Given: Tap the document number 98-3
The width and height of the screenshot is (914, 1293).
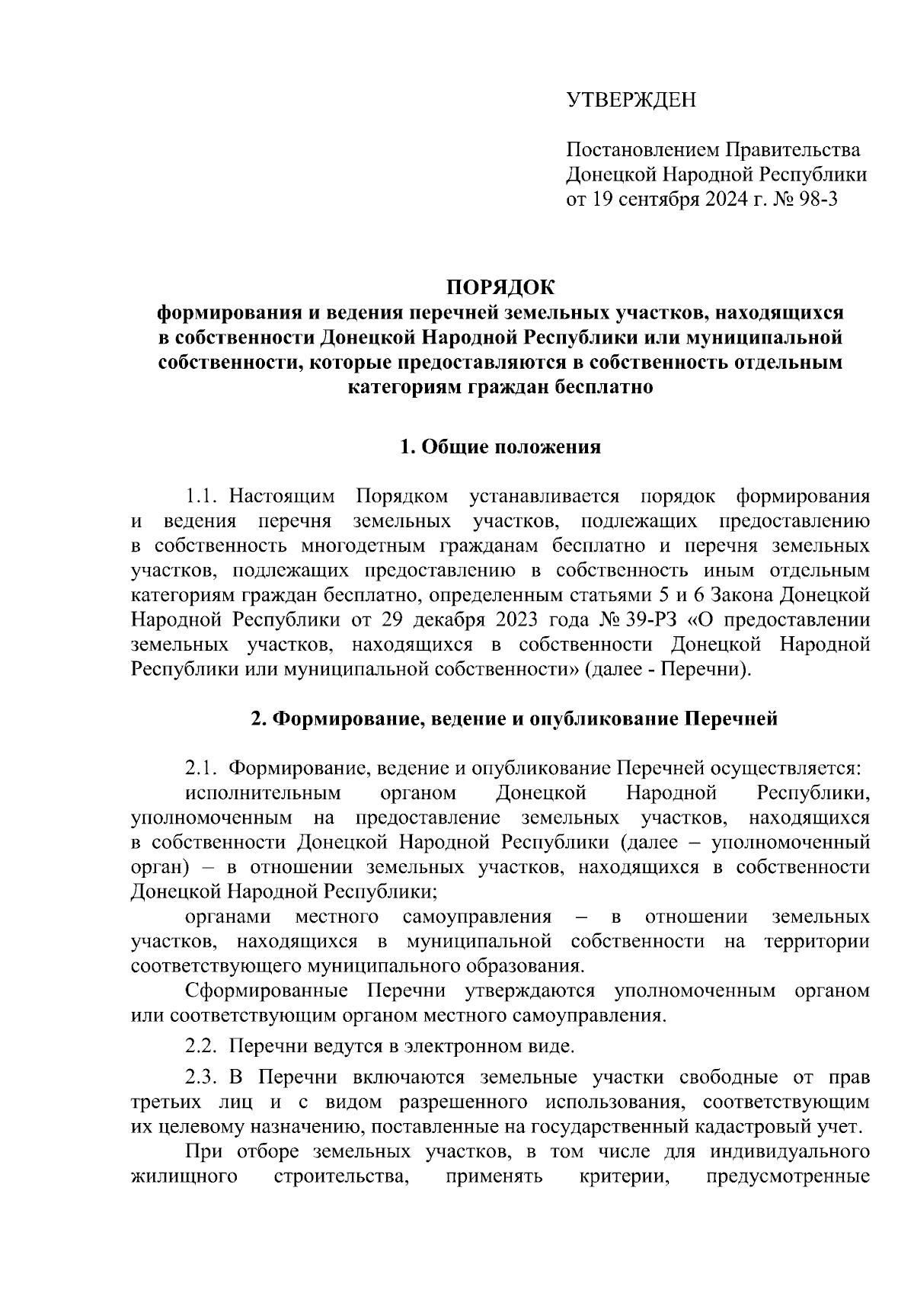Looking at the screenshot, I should [817, 200].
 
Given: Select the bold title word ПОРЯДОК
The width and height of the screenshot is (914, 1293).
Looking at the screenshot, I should [500, 288].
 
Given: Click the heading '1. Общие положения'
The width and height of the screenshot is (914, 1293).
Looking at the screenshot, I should [500, 446].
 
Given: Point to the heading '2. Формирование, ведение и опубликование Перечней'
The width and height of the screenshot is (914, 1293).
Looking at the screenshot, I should [514, 719].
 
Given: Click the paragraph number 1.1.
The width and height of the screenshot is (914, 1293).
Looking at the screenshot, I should [203, 498].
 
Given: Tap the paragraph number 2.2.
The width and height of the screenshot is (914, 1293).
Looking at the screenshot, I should [203, 1046].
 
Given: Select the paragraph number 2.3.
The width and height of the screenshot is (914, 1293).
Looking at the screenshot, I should [203, 1078].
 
